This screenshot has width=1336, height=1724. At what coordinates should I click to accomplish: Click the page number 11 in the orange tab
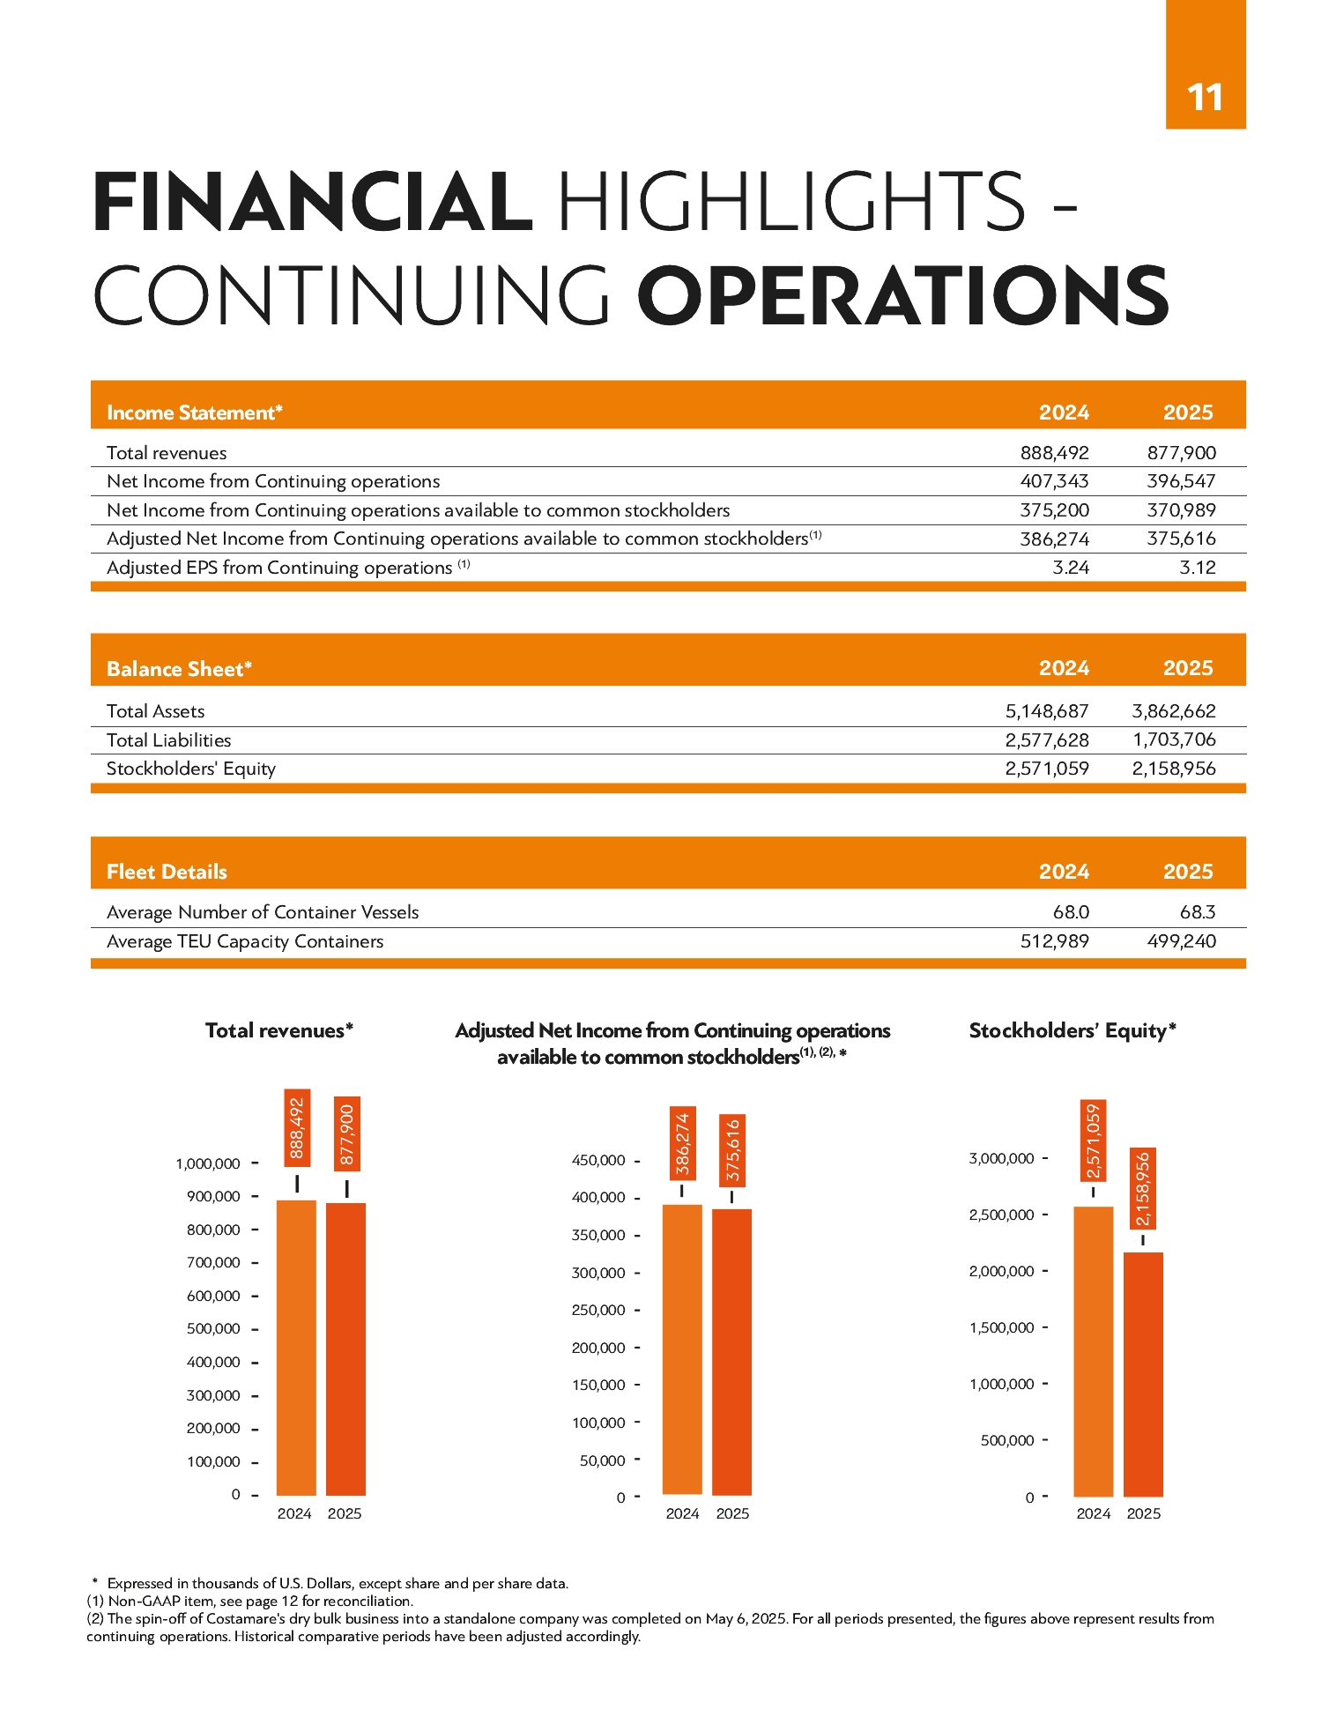pos(1205,98)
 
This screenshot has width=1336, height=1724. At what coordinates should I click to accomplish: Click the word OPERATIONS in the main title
pos(903,296)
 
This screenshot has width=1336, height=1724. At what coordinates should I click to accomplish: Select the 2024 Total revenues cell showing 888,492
pos(1054,453)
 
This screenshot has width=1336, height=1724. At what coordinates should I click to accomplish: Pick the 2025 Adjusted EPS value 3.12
pos(1198,568)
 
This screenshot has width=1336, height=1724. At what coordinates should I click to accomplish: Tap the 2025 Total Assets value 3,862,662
pos(1174,711)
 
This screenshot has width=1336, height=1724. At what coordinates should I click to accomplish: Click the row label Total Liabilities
pos(168,740)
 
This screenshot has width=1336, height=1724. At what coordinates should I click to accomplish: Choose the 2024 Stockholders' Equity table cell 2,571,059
pos(1047,769)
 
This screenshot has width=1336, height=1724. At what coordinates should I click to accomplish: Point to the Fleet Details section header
pos(167,872)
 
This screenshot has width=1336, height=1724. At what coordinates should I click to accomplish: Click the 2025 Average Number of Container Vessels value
pos(1198,912)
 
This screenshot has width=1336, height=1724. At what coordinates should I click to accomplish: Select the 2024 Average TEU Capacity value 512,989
pos(1054,941)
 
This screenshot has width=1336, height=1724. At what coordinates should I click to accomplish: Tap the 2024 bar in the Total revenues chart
pos(296,1348)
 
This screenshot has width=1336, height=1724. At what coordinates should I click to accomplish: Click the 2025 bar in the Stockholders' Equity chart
pos(1144,1374)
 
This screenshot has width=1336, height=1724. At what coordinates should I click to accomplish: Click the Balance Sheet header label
pos(180,669)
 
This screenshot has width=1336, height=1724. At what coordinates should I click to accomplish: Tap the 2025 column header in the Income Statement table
pos(1188,412)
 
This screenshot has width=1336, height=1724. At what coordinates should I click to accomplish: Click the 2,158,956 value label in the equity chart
pos(1144,1189)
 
